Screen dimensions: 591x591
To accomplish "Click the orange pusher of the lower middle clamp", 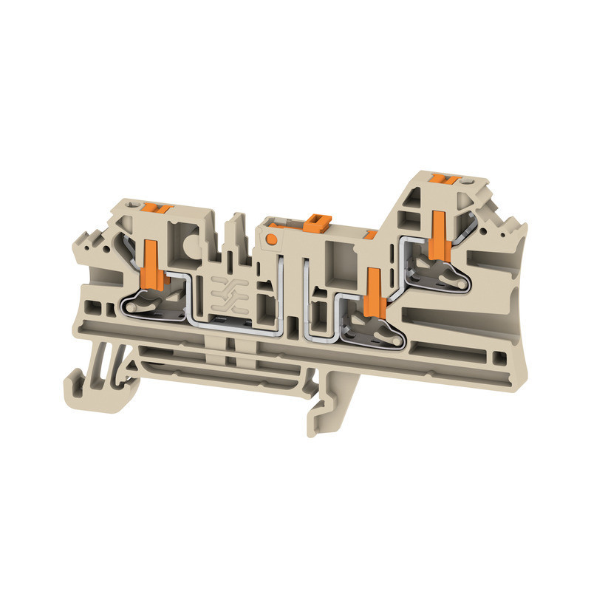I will [x=373, y=288].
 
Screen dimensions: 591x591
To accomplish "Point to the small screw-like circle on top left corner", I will [x=134, y=204].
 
